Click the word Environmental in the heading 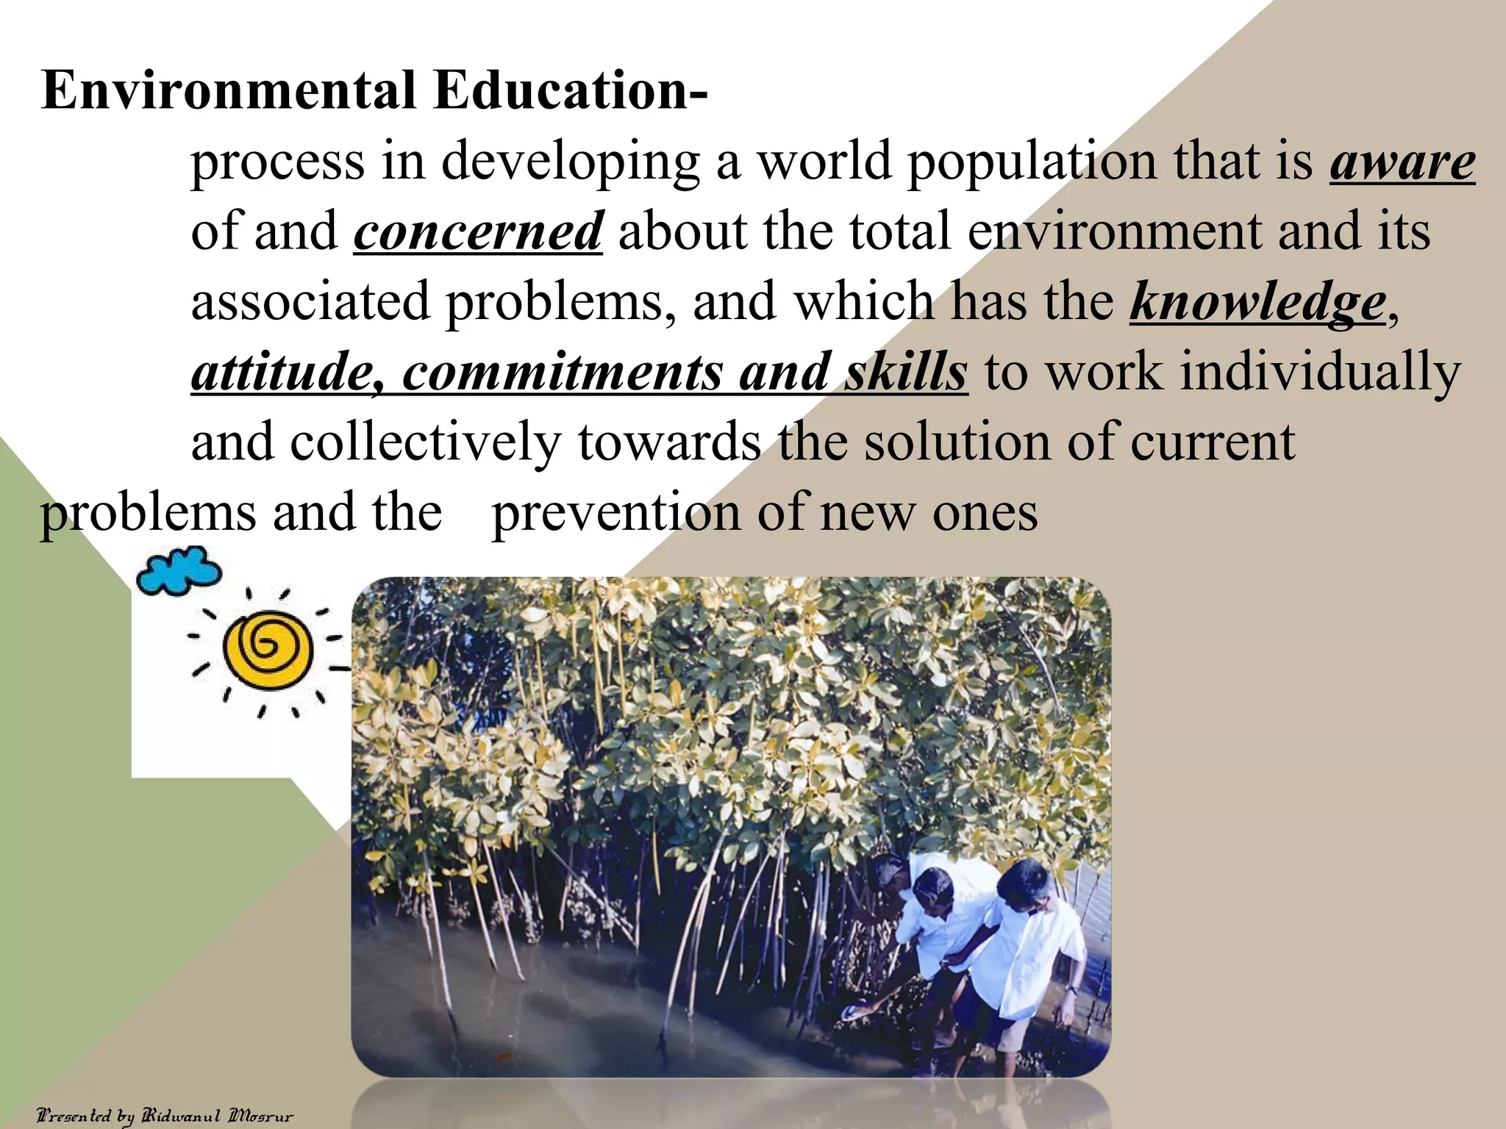click(229, 90)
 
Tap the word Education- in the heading click(570, 90)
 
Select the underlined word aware click(1402, 162)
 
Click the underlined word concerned click(478, 232)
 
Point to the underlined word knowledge click(1257, 302)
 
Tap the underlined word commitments click(563, 372)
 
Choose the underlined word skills click(906, 372)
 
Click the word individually click(1321, 372)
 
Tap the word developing click(570, 162)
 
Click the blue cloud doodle click(179, 570)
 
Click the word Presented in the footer click(74, 1116)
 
